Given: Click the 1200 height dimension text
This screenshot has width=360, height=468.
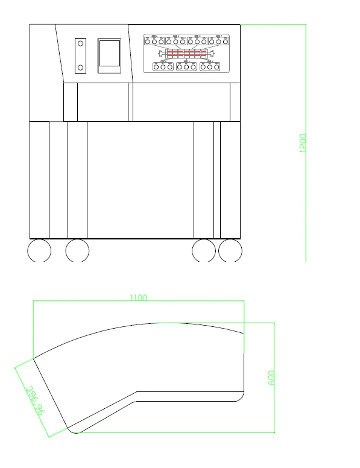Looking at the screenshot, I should tap(303, 143).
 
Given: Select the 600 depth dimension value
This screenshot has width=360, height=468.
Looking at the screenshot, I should tap(271, 378).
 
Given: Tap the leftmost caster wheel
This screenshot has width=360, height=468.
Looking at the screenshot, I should tap(39, 250).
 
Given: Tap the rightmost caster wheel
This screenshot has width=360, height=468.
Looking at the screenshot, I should tap(230, 250).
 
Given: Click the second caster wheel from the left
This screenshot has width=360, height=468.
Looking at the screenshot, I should tap(77, 250).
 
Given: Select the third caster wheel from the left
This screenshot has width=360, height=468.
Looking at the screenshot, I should tap(204, 250).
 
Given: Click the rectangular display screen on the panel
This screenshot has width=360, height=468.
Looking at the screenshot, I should tap(109, 56).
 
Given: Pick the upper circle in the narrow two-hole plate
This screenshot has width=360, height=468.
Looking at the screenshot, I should tap(80, 44).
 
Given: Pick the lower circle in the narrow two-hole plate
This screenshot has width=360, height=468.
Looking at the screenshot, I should tap(80, 67).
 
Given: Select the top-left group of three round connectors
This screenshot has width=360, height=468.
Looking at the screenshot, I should tap(154, 42).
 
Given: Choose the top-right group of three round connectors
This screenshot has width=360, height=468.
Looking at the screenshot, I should tap(219, 42).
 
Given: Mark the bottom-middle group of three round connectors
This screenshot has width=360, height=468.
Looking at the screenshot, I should tap(187, 66).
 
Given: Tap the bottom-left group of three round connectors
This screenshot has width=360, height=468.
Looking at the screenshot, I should tap(163, 66).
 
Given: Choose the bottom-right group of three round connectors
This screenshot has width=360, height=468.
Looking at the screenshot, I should tap(209, 66).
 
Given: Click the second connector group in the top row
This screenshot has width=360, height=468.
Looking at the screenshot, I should tap(175, 42).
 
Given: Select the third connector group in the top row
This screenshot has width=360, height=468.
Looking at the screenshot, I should tap(197, 42).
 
